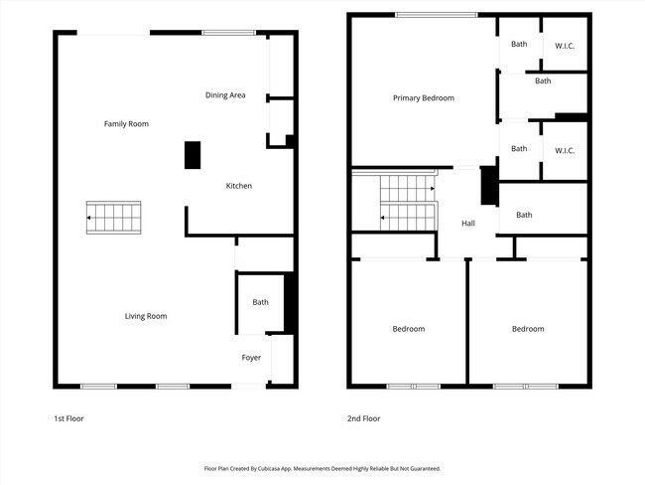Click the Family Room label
coord(126,124)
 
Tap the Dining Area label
coord(225,95)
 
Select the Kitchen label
coord(239,186)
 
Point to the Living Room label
coord(145,316)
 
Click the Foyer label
coord(251,357)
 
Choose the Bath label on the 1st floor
coord(260,302)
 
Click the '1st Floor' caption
coord(68,418)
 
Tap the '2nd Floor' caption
coord(363,418)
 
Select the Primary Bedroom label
coord(423,97)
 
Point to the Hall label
coord(468,223)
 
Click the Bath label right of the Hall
coord(524,215)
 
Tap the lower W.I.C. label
coord(565,150)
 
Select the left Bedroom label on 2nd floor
coord(408,329)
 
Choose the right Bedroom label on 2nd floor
coord(528,329)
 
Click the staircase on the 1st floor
coord(114,216)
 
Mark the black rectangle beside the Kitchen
coord(193,155)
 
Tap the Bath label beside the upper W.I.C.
coord(519,44)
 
